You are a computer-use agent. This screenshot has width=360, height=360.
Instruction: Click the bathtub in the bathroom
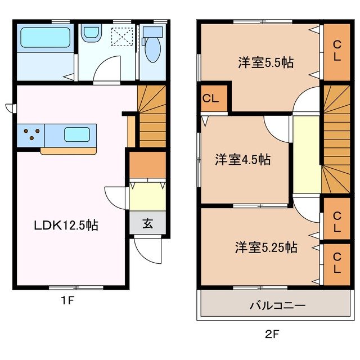[45, 38]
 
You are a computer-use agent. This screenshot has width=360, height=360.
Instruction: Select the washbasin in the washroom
[91, 34]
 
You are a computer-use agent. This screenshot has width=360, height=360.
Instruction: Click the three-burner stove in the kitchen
[31, 134]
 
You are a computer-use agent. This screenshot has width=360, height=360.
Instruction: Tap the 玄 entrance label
[147, 223]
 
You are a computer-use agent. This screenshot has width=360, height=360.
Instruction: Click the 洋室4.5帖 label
[242, 160]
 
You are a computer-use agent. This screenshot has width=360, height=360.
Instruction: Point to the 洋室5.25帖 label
[266, 246]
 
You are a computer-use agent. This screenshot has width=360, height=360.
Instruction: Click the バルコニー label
[277, 306]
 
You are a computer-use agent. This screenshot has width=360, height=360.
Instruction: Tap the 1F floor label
[67, 300]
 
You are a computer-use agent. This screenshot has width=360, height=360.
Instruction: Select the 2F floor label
[272, 335]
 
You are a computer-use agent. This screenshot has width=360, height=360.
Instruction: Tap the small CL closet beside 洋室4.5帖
[211, 99]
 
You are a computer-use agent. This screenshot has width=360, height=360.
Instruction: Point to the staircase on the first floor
[152, 115]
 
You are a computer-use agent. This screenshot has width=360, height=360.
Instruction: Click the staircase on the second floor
[336, 138]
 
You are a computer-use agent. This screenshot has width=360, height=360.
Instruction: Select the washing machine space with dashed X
[121, 37]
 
